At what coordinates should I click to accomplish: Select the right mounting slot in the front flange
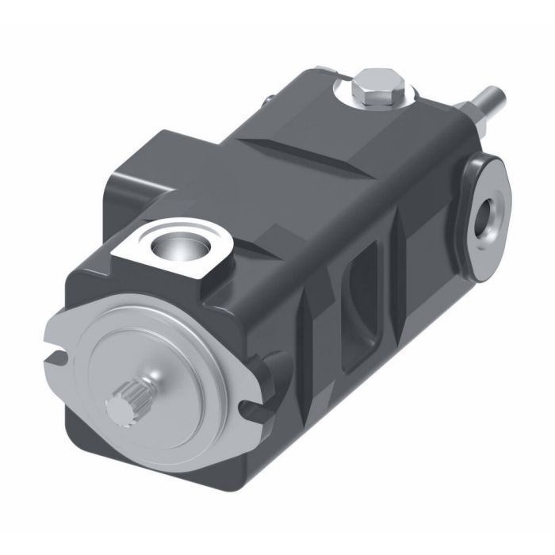pyautogui.click(x=252, y=407)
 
